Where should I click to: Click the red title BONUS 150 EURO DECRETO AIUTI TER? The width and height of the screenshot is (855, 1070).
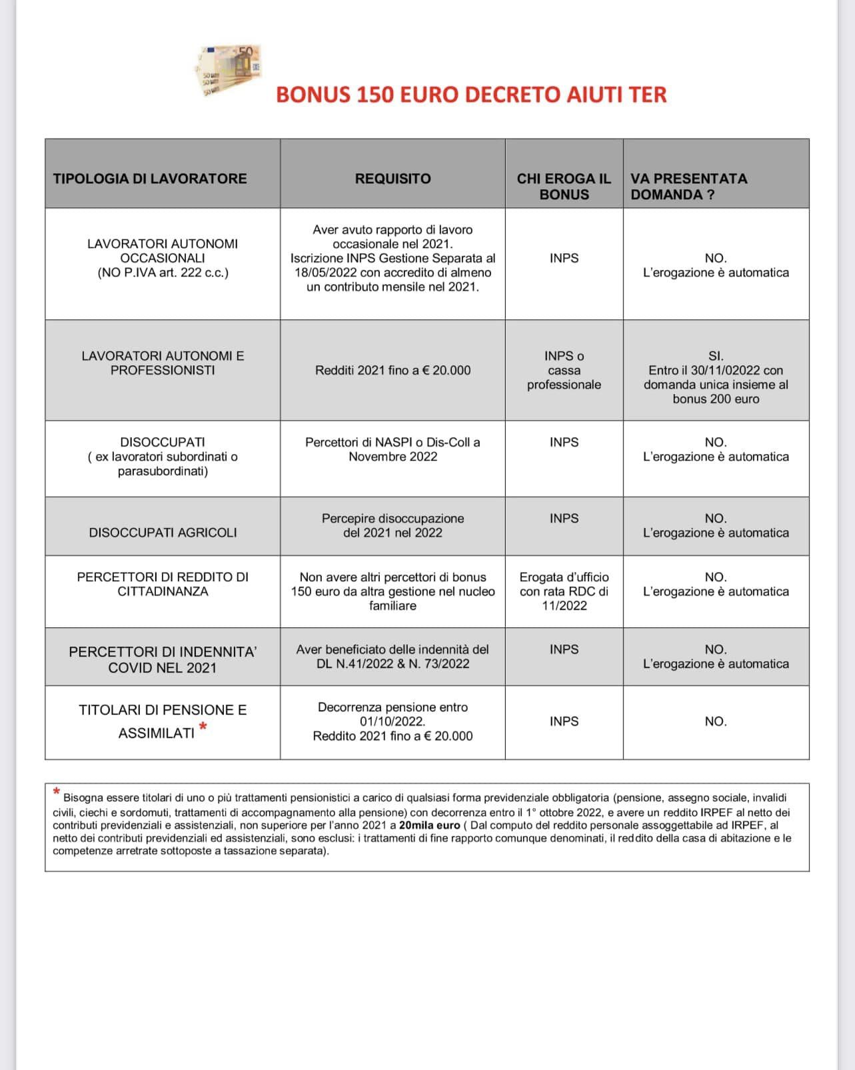tap(471, 95)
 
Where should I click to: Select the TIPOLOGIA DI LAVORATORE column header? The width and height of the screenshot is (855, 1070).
tap(150, 179)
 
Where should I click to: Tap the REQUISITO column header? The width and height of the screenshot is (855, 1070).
tap(393, 179)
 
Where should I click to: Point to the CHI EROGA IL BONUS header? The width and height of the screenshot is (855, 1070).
tap(564, 187)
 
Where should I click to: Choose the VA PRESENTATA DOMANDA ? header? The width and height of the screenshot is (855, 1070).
tap(689, 187)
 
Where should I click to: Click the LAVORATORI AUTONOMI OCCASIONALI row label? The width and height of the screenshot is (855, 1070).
tap(163, 258)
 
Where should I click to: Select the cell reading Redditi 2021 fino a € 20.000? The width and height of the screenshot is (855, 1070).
tap(393, 371)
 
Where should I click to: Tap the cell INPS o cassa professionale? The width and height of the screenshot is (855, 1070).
tap(564, 371)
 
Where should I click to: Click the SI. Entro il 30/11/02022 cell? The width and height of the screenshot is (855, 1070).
tap(716, 377)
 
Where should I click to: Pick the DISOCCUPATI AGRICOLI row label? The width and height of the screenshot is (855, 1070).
tap(163, 533)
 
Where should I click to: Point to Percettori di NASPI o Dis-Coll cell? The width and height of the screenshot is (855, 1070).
tap(393, 449)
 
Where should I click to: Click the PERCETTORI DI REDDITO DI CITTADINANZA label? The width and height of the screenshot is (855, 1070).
tap(163, 584)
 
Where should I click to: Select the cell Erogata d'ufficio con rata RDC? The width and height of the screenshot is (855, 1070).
tap(564, 591)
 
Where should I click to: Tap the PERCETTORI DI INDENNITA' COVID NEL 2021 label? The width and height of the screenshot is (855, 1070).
tap(163, 659)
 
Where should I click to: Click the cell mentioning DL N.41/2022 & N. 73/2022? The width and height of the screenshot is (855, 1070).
tap(393, 657)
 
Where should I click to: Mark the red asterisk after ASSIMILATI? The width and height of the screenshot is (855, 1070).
tap(203, 727)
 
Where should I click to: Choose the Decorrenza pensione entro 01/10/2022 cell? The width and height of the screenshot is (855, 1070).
tap(393, 721)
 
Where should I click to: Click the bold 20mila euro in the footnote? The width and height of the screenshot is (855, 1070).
tap(429, 825)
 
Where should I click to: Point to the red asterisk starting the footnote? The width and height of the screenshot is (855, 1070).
tap(57, 792)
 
